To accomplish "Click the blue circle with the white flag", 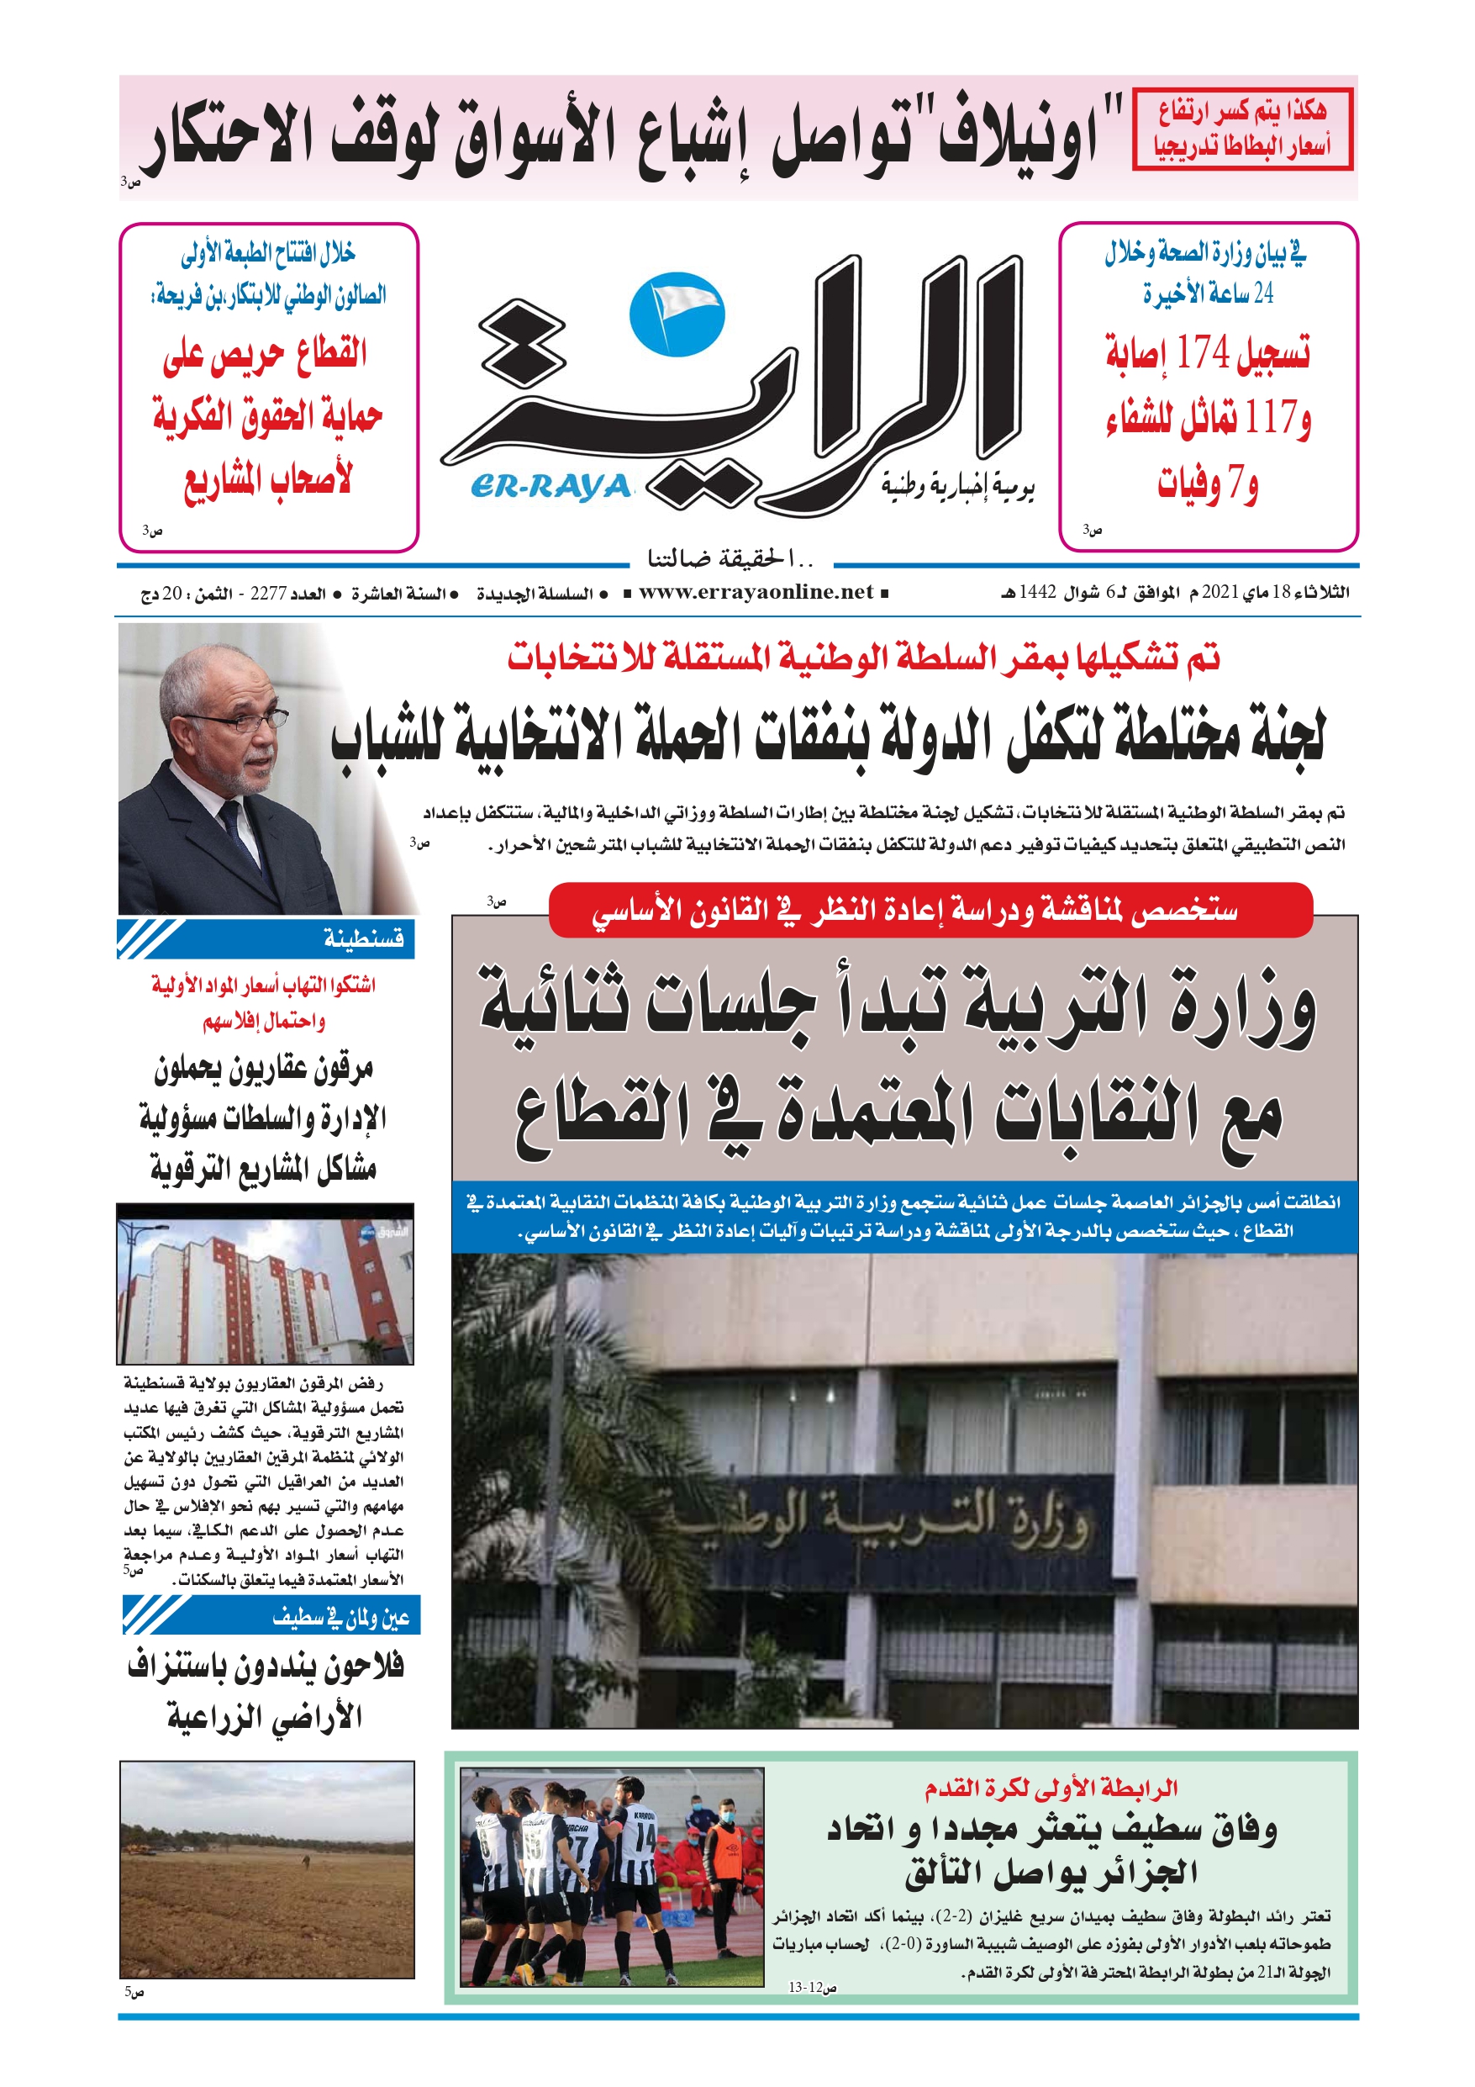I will point(678,314).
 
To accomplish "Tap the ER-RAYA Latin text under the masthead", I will point(550,486).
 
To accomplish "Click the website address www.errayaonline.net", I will point(756,593).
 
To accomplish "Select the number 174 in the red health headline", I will point(1202,351).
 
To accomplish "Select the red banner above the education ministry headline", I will point(930,910).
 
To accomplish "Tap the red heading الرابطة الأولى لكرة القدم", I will point(1051,1788).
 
